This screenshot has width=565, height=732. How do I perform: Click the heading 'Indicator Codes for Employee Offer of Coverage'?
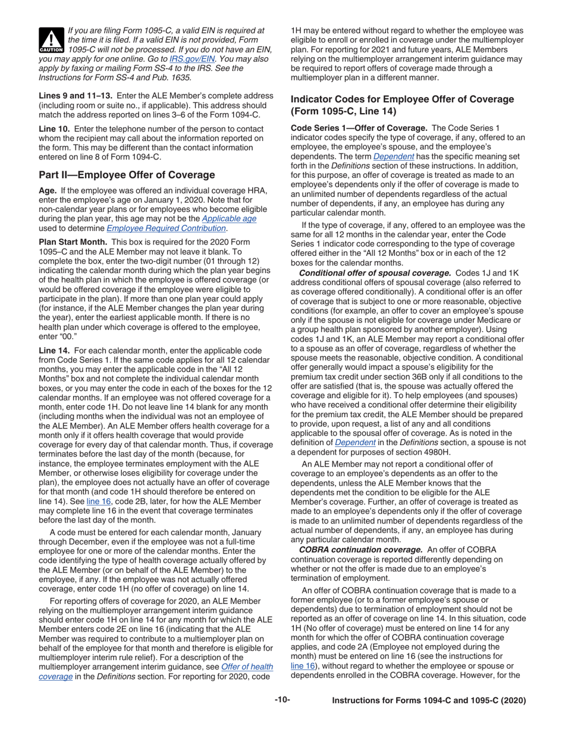point(402,99)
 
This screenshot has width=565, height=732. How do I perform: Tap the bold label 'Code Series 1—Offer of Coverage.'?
point(359,127)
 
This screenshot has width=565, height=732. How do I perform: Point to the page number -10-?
point(282,700)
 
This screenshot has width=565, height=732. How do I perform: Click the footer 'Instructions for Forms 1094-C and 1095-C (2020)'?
point(428,701)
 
